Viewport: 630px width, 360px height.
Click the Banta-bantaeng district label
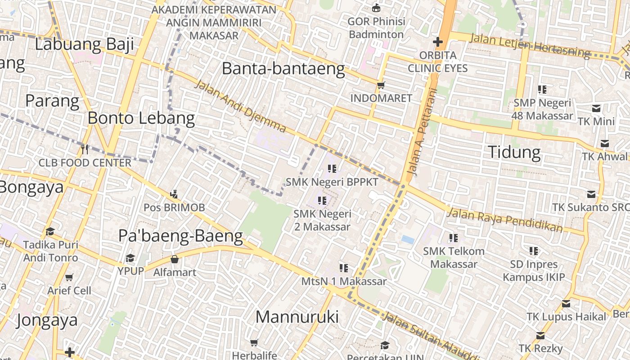pyautogui.click(x=283, y=69)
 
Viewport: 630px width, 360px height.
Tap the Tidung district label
pyautogui.click(x=514, y=152)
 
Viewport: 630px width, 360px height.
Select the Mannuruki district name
pyautogui.click(x=297, y=317)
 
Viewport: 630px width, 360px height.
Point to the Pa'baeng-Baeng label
pyautogui.click(x=180, y=236)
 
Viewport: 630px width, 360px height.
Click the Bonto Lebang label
pyautogui.click(x=141, y=118)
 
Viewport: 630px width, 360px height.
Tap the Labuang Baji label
pyautogui.click(x=85, y=44)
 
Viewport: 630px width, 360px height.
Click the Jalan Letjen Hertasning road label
pyautogui.click(x=529, y=45)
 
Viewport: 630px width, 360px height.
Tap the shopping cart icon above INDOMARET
pyautogui.click(x=381, y=85)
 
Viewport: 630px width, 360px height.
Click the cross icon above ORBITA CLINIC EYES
pyautogui.click(x=437, y=42)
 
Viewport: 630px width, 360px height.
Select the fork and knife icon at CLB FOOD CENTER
pyautogui.click(x=84, y=148)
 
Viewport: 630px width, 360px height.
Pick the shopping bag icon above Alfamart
pyautogui.click(x=175, y=259)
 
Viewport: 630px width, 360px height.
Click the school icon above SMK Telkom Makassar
pyautogui.click(x=453, y=238)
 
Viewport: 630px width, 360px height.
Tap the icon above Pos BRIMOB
pyautogui.click(x=174, y=194)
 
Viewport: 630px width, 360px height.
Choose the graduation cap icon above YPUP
pyautogui.click(x=130, y=258)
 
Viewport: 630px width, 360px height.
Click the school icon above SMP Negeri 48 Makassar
pyautogui.click(x=542, y=90)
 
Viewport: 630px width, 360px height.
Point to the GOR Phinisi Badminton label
pyautogui.click(x=376, y=28)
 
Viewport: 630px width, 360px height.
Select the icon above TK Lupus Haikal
pyautogui.click(x=566, y=303)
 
